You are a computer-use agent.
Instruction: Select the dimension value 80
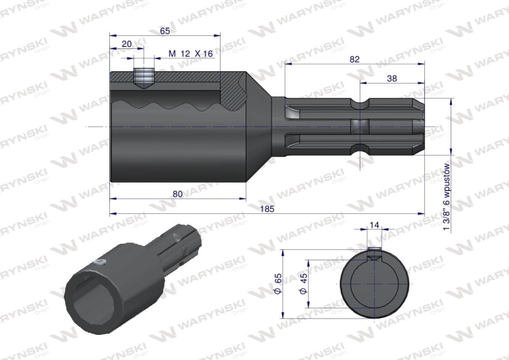(177, 194)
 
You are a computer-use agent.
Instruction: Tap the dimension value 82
(354, 59)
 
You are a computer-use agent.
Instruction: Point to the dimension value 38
(392, 78)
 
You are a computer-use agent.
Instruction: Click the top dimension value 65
(164, 31)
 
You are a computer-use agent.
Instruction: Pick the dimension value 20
(126, 43)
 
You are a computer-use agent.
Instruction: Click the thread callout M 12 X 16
(190, 54)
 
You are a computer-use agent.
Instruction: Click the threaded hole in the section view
(143, 76)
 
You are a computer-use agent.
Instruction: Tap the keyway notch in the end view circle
(375, 255)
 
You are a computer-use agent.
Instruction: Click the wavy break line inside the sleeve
(170, 107)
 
